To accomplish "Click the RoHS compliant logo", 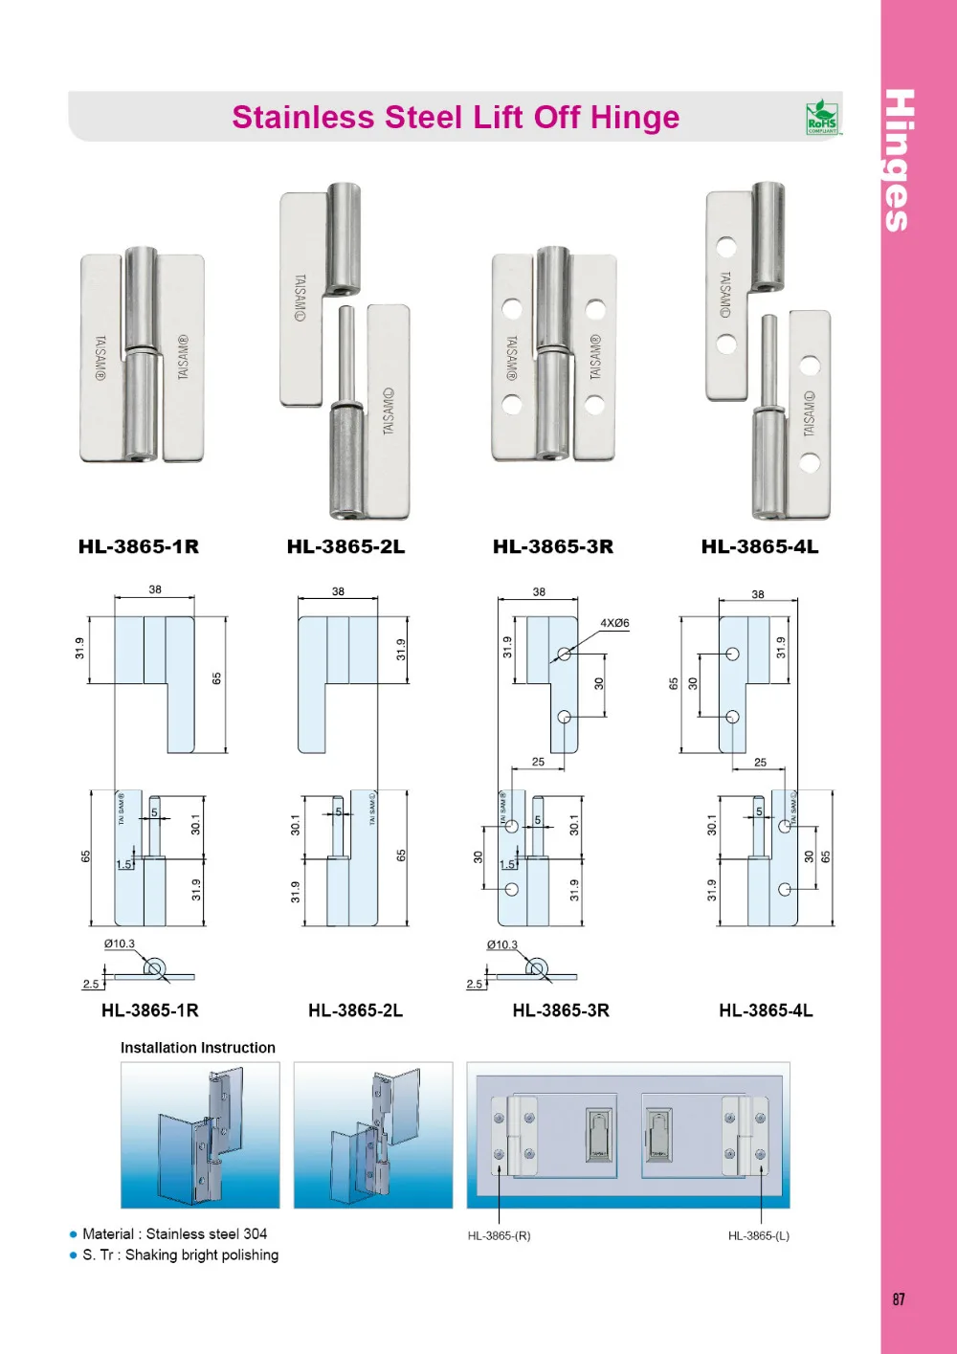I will (x=822, y=118).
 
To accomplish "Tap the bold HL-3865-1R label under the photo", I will (x=139, y=546).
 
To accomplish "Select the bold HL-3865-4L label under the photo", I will (x=760, y=546).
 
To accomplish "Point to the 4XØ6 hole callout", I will (x=614, y=623).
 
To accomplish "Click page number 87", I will (x=898, y=1299).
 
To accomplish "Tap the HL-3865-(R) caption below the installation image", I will (x=499, y=1235).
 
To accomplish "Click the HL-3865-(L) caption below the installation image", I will (x=758, y=1235).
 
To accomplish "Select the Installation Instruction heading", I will (x=198, y=1048).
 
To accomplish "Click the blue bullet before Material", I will (x=73, y=1234).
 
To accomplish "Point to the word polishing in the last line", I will (x=248, y=1254).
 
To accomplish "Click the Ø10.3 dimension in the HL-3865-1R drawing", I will (x=120, y=943).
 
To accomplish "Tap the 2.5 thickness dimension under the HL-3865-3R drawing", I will (x=475, y=984).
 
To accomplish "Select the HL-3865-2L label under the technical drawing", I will (x=355, y=1010).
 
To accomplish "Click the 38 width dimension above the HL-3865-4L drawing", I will (x=758, y=594).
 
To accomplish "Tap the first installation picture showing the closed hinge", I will (x=200, y=1134).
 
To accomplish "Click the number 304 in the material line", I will (x=256, y=1233).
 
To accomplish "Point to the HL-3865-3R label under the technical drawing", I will (x=561, y=1010).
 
